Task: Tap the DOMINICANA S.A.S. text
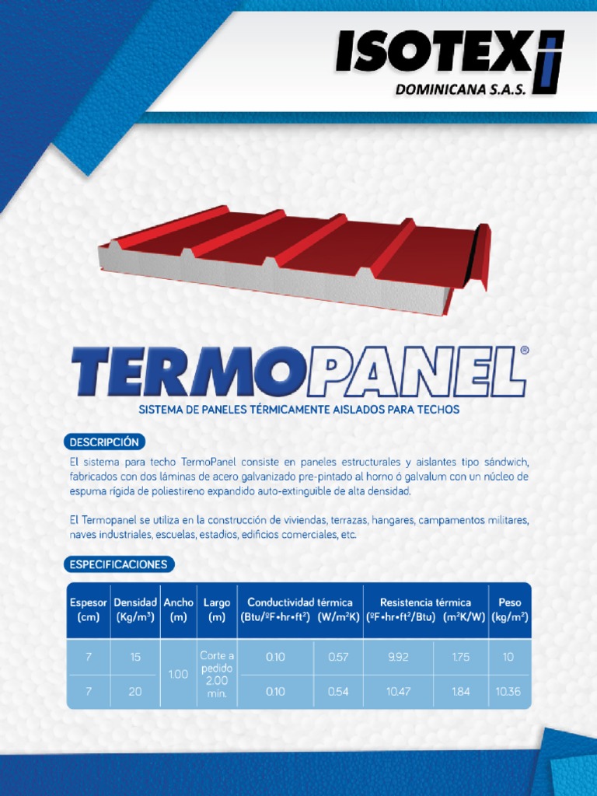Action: [460, 90]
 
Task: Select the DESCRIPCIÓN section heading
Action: [104, 442]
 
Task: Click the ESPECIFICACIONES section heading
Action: [118, 564]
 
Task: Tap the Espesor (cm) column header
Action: [89, 609]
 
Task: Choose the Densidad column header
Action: [135, 609]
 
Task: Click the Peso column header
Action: [510, 609]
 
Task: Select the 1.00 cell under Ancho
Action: [179, 674]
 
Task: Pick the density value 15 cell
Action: [135, 657]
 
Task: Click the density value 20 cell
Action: [135, 691]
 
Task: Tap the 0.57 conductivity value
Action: [338, 657]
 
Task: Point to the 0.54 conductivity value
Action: [338, 691]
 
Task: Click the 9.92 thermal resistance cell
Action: [398, 657]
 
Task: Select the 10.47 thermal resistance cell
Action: [398, 691]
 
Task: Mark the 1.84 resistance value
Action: [460, 691]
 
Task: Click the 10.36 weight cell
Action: [508, 691]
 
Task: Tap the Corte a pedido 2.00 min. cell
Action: [217, 674]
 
